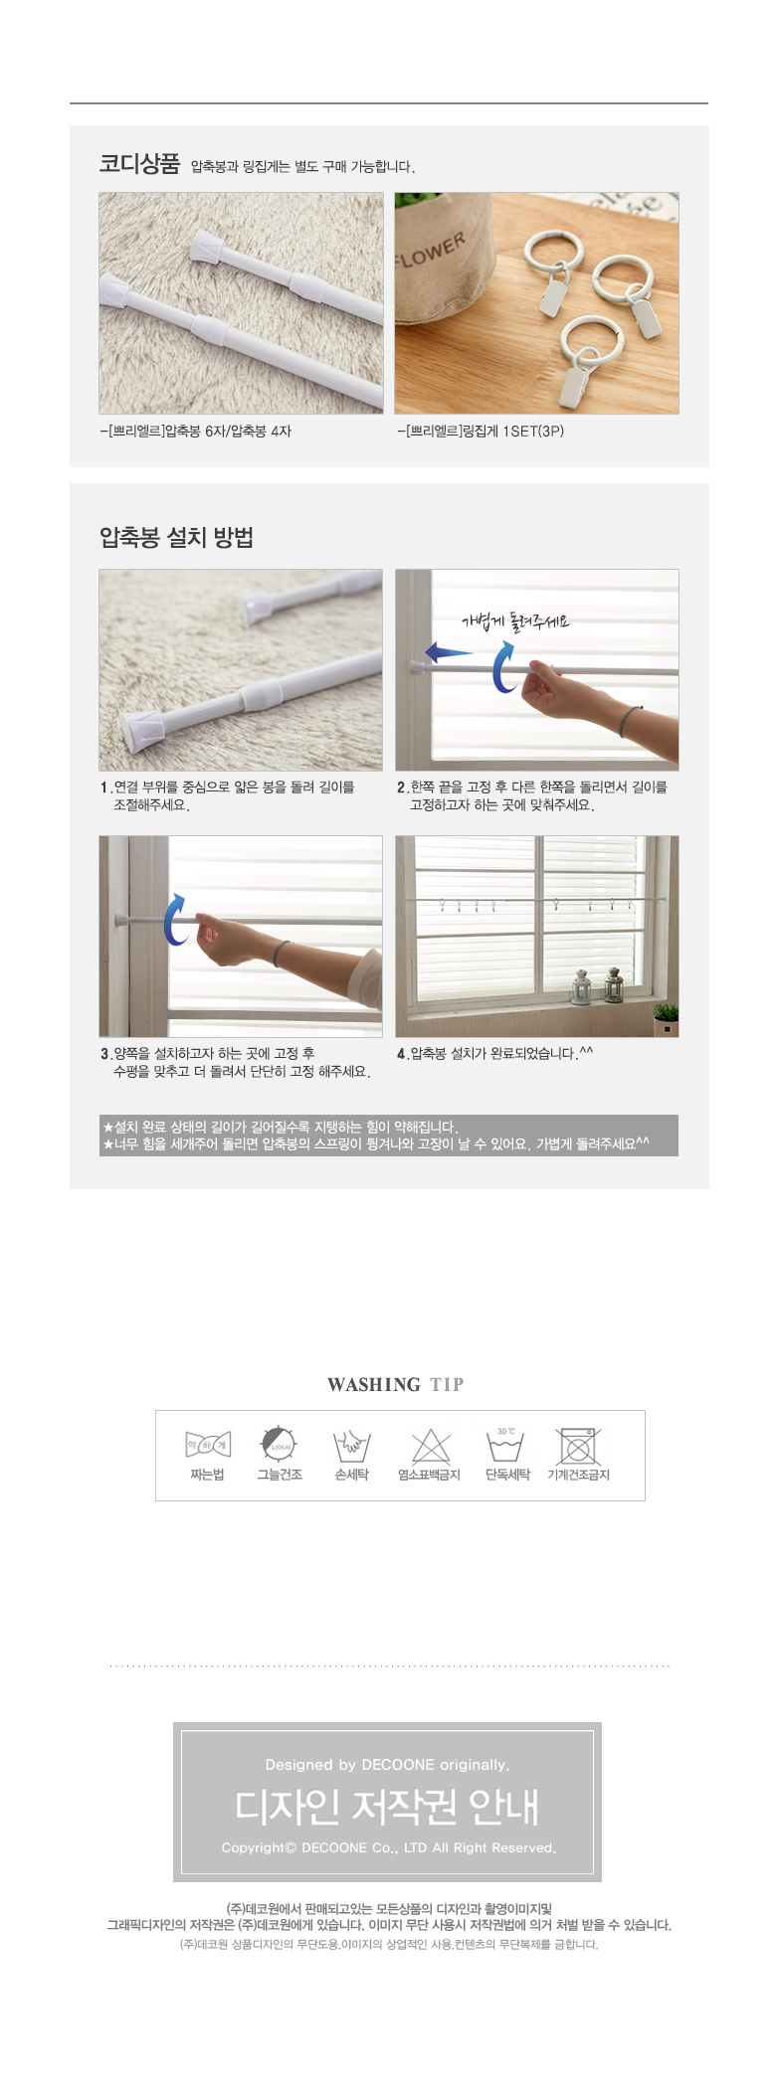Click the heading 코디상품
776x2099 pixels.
tap(139, 164)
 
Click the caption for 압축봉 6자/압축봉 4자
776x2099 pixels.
tap(196, 431)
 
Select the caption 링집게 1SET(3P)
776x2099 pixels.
tap(481, 431)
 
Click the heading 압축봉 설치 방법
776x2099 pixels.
tap(176, 538)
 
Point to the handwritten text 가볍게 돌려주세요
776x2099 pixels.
tap(515, 621)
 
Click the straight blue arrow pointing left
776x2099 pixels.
tap(449, 652)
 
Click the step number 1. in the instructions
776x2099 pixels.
tap(105, 787)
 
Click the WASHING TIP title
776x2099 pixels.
tap(395, 1384)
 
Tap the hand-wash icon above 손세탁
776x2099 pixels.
tap(351, 1446)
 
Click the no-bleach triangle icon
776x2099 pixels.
tap(431, 1446)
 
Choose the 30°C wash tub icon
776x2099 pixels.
tap(505, 1445)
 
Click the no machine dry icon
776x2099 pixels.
tap(578, 1446)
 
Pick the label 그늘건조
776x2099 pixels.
tap(280, 1475)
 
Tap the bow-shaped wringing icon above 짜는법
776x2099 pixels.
tap(208, 1445)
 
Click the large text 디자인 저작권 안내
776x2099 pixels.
tap(387, 1806)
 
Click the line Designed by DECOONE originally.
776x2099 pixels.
tap(387, 1765)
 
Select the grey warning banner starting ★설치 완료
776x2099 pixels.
tap(389, 1136)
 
